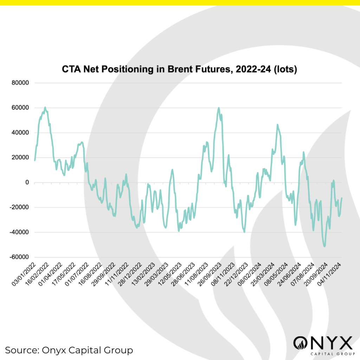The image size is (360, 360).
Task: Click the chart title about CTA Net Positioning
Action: (180, 69)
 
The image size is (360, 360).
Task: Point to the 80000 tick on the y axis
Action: (21, 83)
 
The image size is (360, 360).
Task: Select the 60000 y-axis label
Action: (21, 108)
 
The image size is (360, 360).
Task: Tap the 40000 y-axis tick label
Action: (21, 133)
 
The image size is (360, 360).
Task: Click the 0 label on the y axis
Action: (26, 182)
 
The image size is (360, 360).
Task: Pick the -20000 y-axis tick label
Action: (20, 207)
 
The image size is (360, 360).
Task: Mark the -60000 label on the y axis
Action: (20, 257)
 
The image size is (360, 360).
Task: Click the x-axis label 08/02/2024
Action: (250, 274)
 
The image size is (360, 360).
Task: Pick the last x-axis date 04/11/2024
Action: (330, 274)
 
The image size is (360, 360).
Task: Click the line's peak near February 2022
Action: (45, 107)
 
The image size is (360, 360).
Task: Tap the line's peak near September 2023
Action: (219, 108)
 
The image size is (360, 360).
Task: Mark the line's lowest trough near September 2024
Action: (324, 246)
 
